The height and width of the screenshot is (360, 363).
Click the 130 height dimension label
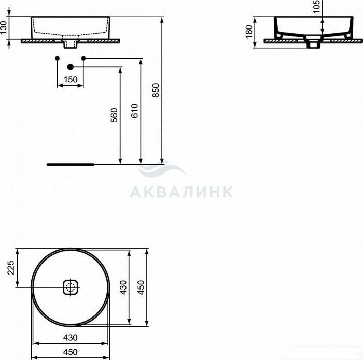[x=4, y=27]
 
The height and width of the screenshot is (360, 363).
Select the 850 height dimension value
[x=156, y=91]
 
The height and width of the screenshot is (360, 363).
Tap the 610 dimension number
[x=135, y=111]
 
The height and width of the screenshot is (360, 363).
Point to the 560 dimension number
[x=115, y=115]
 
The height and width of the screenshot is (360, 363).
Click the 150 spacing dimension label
[x=71, y=80]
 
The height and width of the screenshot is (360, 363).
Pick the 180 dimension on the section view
[x=249, y=32]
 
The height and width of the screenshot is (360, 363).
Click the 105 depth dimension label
[x=316, y=6]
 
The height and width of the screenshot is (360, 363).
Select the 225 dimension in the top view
[x=11, y=268]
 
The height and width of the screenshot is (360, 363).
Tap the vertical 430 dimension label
[x=124, y=287]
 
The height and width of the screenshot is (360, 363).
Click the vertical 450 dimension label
[x=141, y=287]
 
